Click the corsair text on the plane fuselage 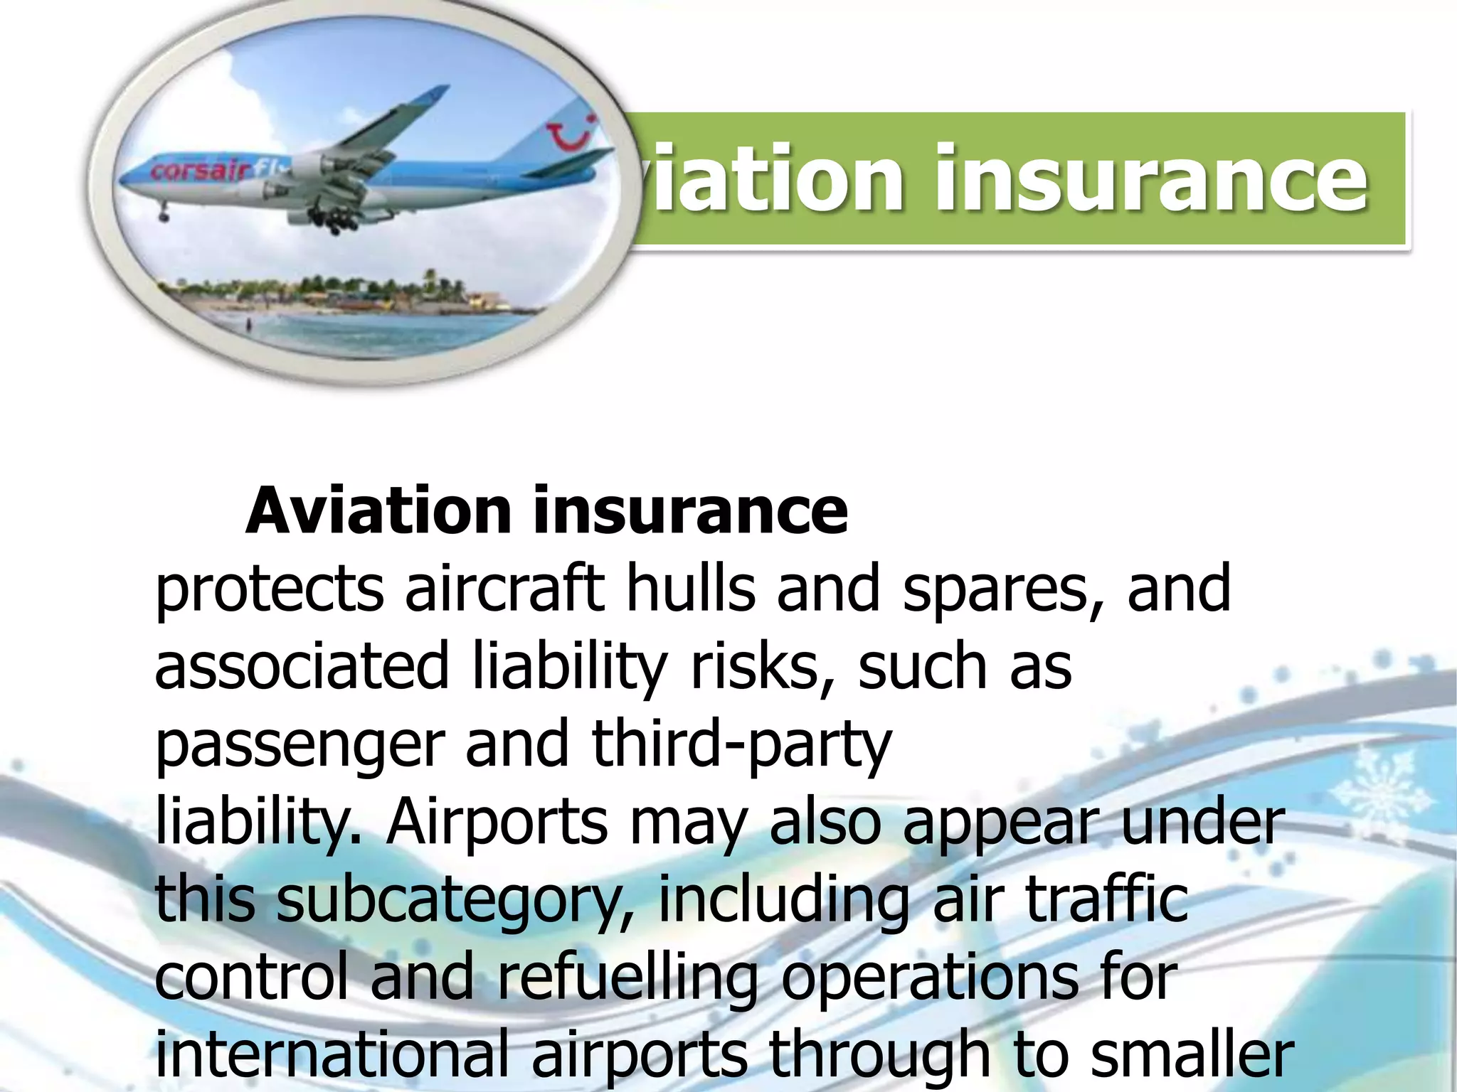coord(201,171)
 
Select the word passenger coord(299,745)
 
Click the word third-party coord(741,745)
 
